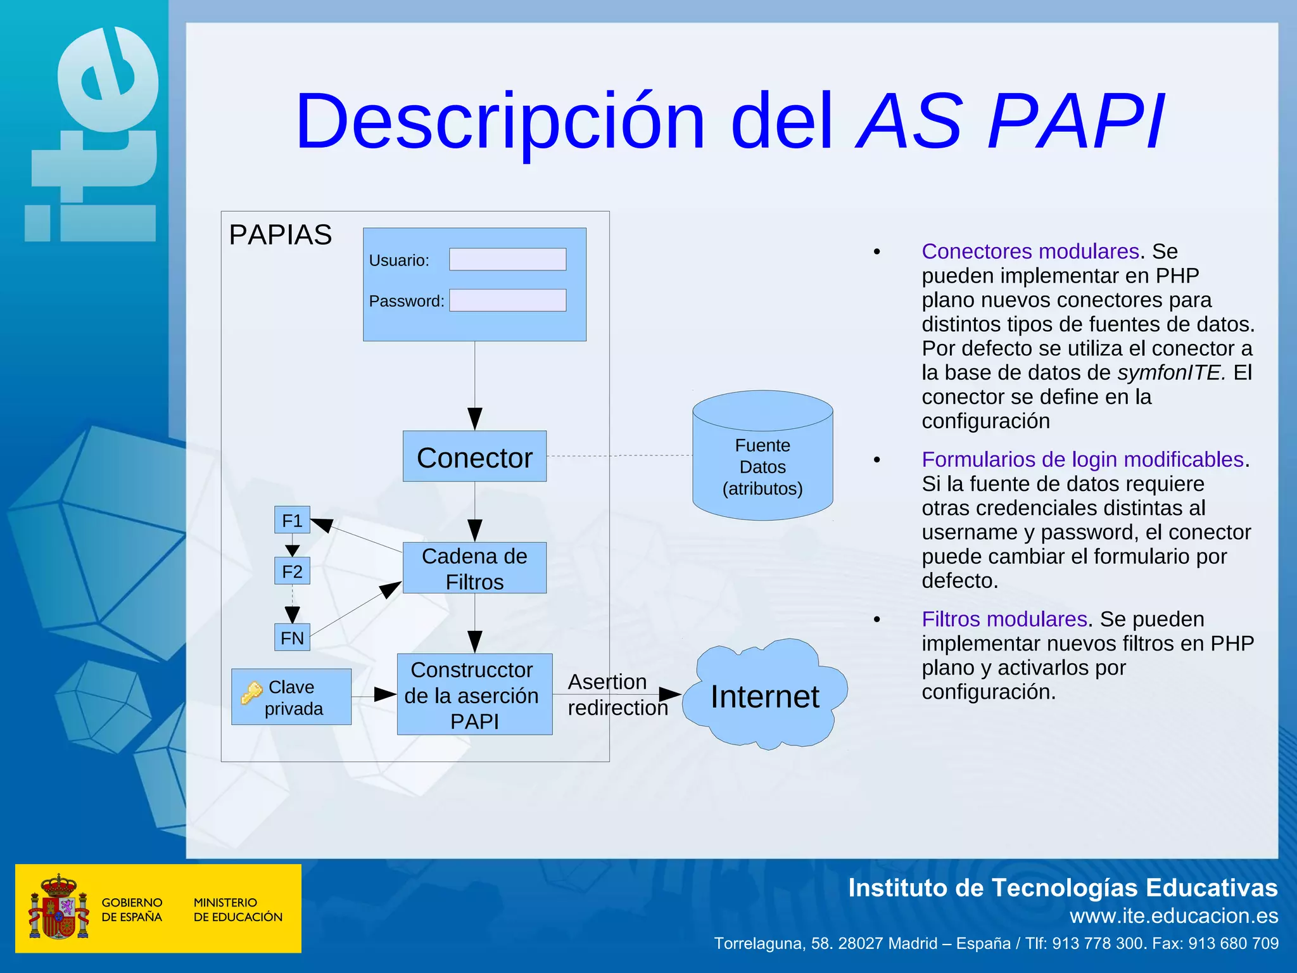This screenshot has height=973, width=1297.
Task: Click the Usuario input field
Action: [x=507, y=259]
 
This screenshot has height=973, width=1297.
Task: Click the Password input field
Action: [x=507, y=300]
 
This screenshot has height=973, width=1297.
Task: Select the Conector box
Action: [x=474, y=457]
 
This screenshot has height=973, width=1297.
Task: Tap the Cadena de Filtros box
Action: [x=474, y=568]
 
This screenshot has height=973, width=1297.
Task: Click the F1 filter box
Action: [x=292, y=520]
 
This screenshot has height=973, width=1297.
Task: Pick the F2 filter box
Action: [x=292, y=571]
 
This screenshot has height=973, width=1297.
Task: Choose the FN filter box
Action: [x=292, y=637]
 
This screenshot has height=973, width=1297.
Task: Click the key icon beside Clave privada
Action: [x=251, y=693]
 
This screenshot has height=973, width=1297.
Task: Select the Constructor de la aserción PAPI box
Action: [x=474, y=695]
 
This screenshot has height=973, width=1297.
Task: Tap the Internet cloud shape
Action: [x=764, y=696]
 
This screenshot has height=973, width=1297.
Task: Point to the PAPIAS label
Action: [x=280, y=235]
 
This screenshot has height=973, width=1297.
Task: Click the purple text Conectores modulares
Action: [x=1030, y=251]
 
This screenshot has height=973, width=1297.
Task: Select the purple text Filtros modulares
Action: [x=1004, y=619]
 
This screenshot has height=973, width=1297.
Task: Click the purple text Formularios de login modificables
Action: [x=1082, y=459]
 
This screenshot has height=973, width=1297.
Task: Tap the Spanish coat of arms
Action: [x=58, y=908]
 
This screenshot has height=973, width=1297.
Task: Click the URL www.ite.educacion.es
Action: [x=1174, y=916]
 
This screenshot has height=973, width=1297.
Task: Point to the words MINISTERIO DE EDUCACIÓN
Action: [x=237, y=910]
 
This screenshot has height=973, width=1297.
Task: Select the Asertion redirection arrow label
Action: [x=617, y=695]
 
